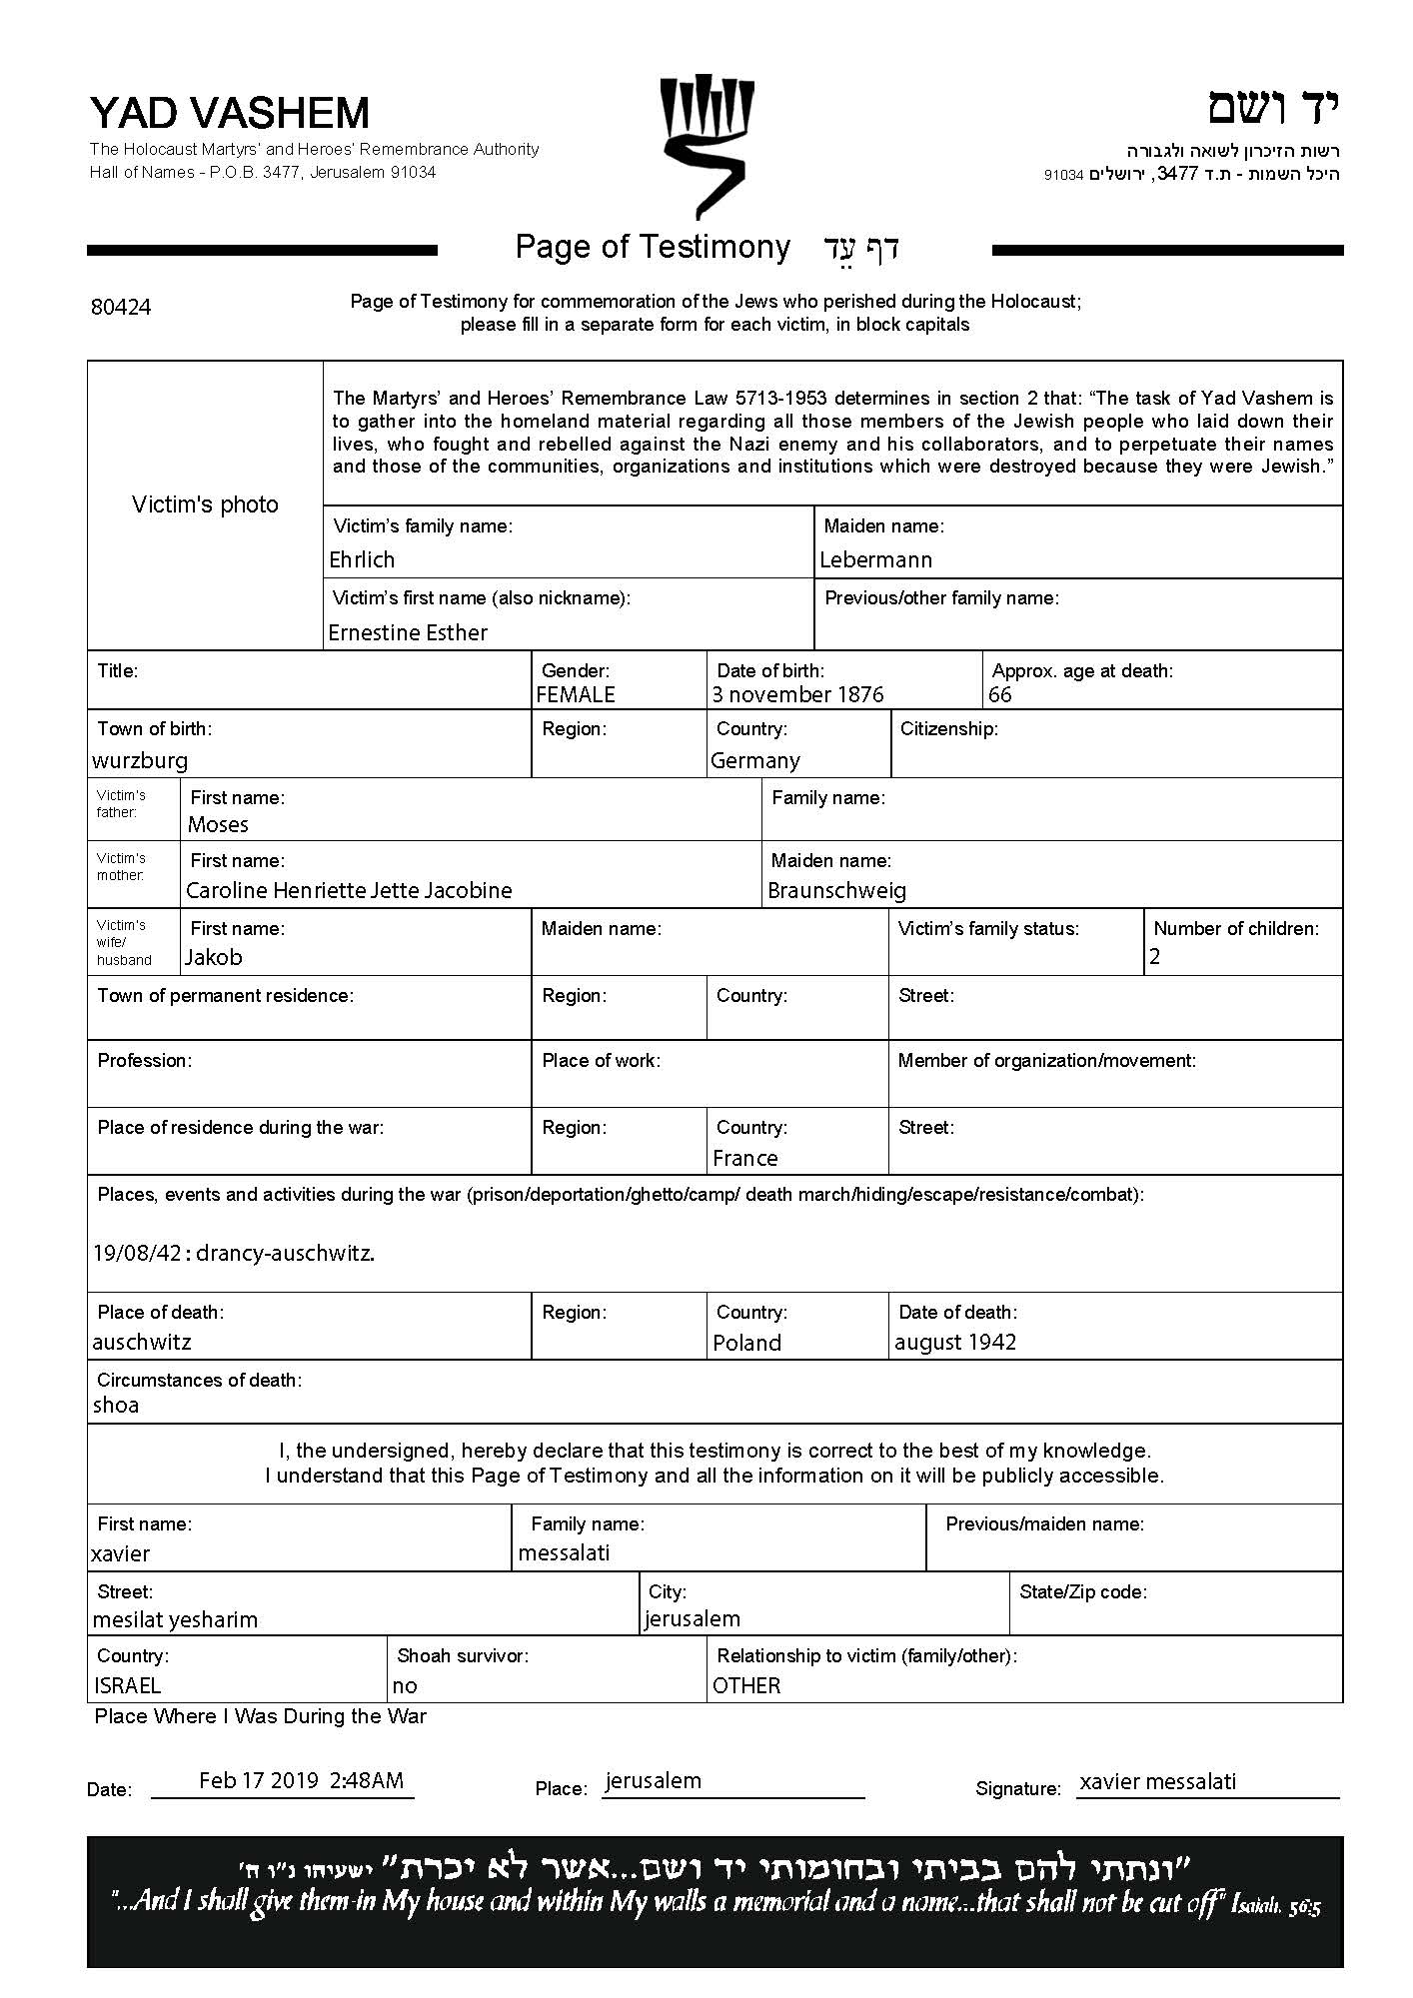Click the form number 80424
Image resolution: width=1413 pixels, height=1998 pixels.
pos(121,308)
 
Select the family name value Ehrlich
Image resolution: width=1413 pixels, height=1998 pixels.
pos(362,560)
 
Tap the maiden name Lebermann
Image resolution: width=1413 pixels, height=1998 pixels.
pos(875,560)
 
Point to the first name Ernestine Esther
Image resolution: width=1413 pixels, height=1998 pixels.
pos(408,633)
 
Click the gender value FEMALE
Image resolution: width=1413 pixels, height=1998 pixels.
pos(576,695)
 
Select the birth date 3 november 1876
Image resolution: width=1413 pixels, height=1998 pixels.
pos(797,695)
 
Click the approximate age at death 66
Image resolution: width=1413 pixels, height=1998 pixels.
pos(999,695)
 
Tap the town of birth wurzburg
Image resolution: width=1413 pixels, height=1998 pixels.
pos(140,761)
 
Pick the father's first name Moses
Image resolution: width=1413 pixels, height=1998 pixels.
pos(218,825)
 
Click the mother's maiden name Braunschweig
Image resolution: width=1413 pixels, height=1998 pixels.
pos(836,891)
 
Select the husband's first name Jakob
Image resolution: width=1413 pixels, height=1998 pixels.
pos(214,958)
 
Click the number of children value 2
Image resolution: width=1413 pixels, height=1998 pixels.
pos(1155,958)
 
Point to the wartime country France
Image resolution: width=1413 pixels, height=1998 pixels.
pos(744,1159)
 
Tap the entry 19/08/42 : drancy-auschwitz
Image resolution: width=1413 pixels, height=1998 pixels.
pos(234,1254)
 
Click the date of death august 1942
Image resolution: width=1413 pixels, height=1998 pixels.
pos(954,1343)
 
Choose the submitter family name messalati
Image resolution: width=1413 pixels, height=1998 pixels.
pos(564,1553)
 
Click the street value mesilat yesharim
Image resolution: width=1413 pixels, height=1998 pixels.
pos(175,1620)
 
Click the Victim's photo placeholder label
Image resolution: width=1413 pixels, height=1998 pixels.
pos(205,505)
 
